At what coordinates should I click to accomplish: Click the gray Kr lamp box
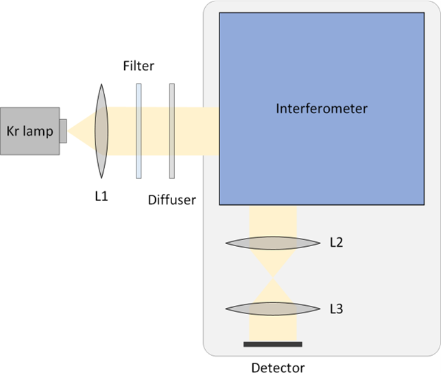tap(29, 130)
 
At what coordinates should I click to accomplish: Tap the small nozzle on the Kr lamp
tap(63, 130)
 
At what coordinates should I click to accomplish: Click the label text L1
tap(102, 196)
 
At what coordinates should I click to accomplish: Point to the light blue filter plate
tap(139, 130)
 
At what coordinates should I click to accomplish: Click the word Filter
tap(139, 67)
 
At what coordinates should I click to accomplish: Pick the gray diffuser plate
tap(171, 130)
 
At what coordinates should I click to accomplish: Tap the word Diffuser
tap(171, 200)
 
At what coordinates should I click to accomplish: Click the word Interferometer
tap(322, 108)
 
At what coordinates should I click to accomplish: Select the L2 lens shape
tap(274, 243)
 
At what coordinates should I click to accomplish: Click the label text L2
tap(336, 243)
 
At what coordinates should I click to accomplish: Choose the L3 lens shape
tap(274, 309)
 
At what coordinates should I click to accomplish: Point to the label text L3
tap(336, 309)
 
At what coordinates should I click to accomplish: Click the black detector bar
tap(273, 343)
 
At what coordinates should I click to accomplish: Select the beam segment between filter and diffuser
tap(155, 130)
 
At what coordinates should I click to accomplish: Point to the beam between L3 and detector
tap(274, 329)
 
